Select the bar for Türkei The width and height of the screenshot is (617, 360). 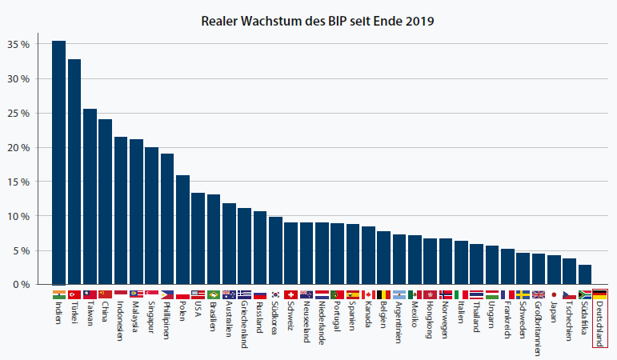[74, 172]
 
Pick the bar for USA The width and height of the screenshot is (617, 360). [198, 238]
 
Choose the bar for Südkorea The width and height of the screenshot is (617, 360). [275, 250]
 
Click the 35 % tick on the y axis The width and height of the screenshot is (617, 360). [18, 44]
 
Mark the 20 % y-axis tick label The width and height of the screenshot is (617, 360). [18, 147]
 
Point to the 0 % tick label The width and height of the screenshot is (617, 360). [21, 284]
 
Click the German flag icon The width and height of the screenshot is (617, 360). [600, 294]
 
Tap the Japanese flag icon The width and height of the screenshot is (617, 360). [554, 294]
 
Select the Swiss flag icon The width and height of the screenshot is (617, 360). [290, 294]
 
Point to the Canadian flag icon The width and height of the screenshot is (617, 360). [368, 294]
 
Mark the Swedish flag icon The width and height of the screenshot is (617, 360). [523, 294]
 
